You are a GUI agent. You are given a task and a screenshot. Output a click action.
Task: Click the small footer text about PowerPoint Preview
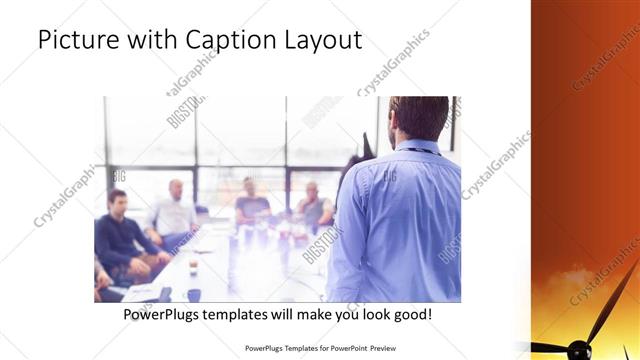[319, 349]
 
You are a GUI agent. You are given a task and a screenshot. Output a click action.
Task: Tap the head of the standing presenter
[419, 118]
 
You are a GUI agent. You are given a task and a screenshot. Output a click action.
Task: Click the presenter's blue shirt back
[400, 220]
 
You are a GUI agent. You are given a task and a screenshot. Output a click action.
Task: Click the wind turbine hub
[578, 349]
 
